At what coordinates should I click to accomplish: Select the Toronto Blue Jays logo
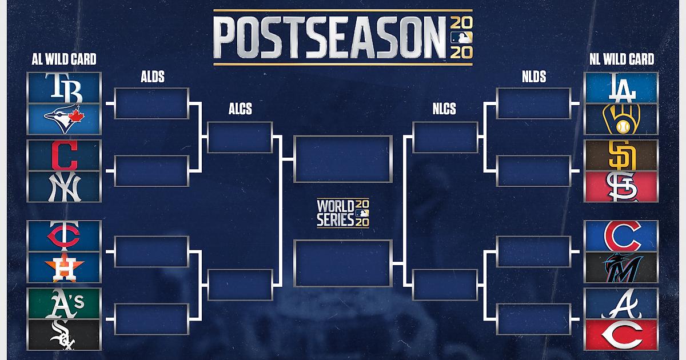[64, 119]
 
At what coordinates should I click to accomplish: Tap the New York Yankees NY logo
[64, 186]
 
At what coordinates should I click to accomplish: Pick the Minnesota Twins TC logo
[63, 235]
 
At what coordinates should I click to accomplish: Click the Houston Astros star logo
[64, 267]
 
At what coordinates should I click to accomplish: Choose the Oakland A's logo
[64, 303]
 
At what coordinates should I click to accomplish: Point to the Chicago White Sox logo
[63, 335]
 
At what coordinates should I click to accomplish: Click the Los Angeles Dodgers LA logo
[622, 88]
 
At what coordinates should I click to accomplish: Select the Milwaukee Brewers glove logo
[621, 119]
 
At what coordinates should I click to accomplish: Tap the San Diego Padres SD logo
[622, 155]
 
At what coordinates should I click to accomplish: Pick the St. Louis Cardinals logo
[622, 186]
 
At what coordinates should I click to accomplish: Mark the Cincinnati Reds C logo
[622, 335]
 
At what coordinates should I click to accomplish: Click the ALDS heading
[153, 77]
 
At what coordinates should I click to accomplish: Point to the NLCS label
[444, 109]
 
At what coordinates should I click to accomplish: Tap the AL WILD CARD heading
[64, 59]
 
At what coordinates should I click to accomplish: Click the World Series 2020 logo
[343, 213]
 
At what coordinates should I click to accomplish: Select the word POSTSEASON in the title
[329, 37]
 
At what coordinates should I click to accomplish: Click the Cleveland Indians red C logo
[64, 155]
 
